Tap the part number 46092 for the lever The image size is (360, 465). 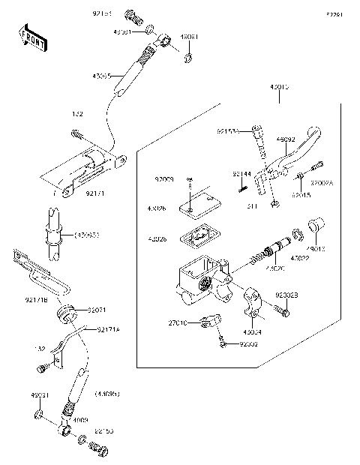pyautogui.click(x=286, y=139)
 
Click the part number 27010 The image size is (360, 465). pyautogui.click(x=176, y=323)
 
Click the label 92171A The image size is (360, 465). pyautogui.click(x=108, y=328)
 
